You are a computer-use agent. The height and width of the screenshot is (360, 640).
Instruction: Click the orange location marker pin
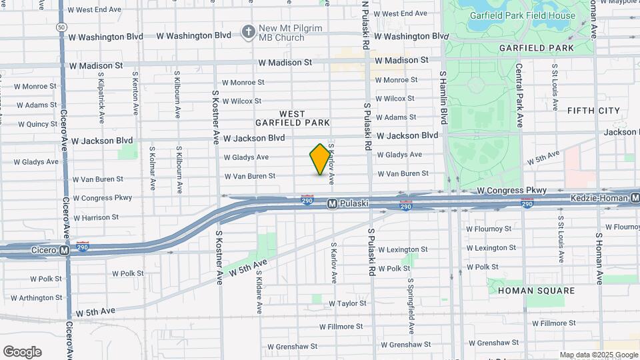pyautogui.click(x=320, y=159)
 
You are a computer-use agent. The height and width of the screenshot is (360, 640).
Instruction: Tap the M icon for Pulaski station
pyautogui.click(x=332, y=204)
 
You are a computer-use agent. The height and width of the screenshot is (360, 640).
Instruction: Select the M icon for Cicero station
pyautogui.click(x=64, y=251)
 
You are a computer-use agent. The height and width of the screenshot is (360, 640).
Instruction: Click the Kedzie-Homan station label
pyautogui.click(x=599, y=199)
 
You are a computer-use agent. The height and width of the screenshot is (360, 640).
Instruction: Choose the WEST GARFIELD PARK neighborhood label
pyautogui.click(x=292, y=118)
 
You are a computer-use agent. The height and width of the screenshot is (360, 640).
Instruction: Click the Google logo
pyautogui.click(x=22, y=351)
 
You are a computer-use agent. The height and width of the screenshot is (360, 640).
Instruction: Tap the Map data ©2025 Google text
pyautogui.click(x=598, y=355)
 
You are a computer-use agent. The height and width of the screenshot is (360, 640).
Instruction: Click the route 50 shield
pyautogui.click(x=61, y=27)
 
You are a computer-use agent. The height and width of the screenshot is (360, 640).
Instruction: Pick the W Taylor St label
pyautogui.click(x=348, y=303)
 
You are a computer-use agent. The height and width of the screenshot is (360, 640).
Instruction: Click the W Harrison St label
pyautogui.click(x=96, y=217)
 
